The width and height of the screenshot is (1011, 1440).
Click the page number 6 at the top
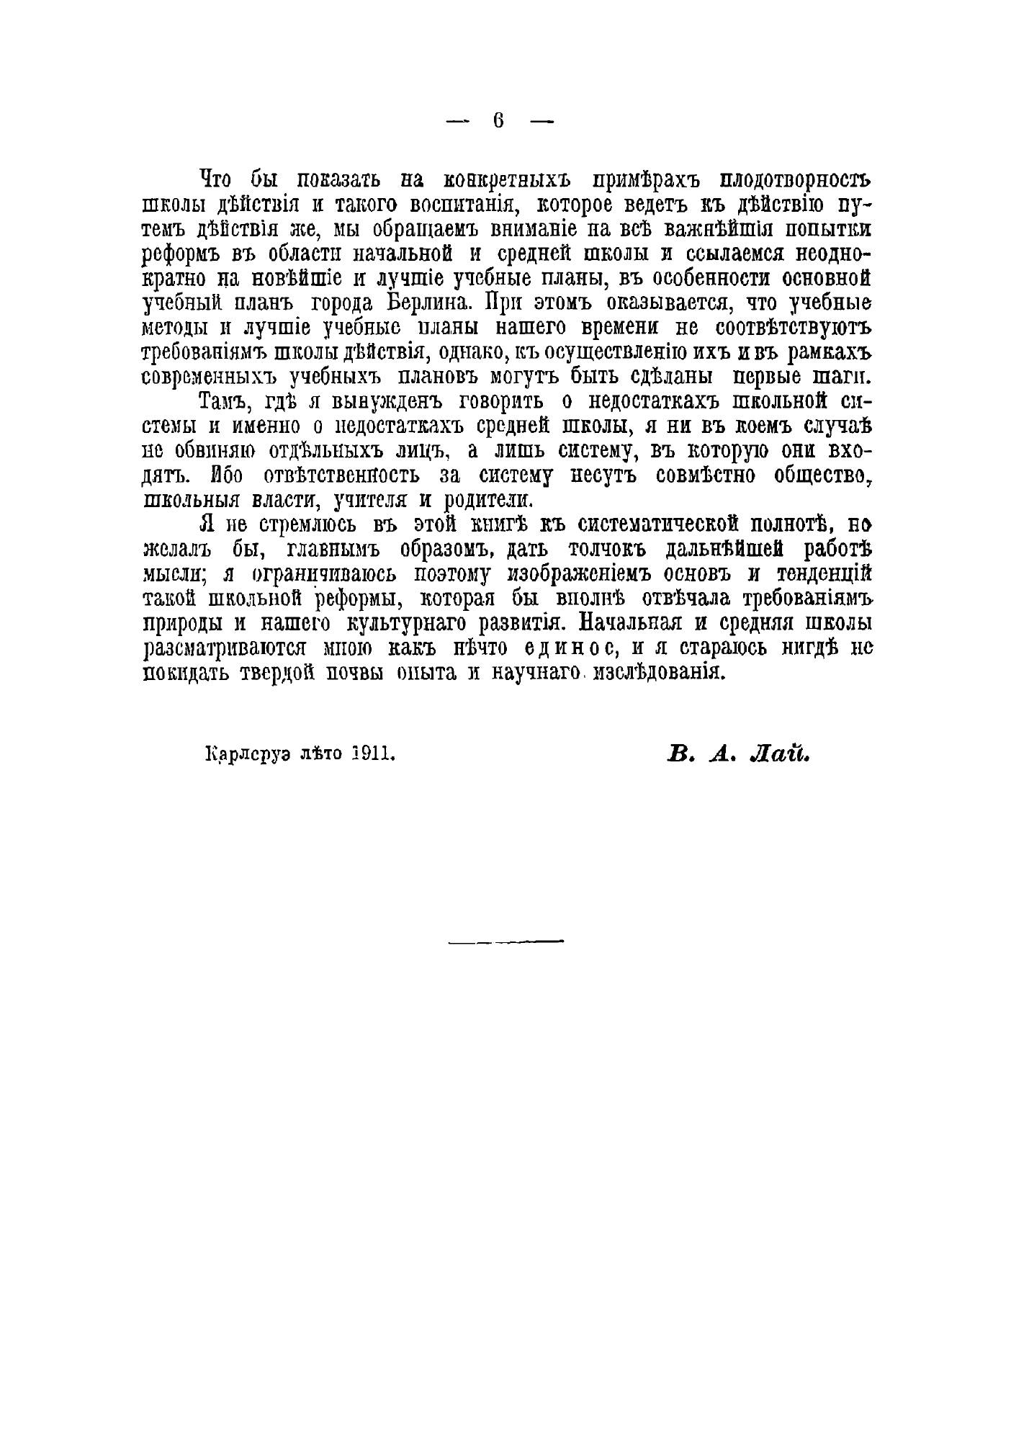pyautogui.click(x=498, y=121)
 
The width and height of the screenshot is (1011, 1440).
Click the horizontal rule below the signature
pyautogui.click(x=505, y=942)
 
